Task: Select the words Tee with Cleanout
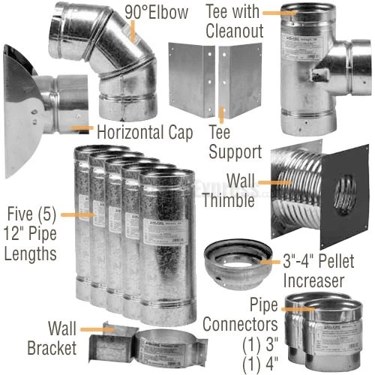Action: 235,20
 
